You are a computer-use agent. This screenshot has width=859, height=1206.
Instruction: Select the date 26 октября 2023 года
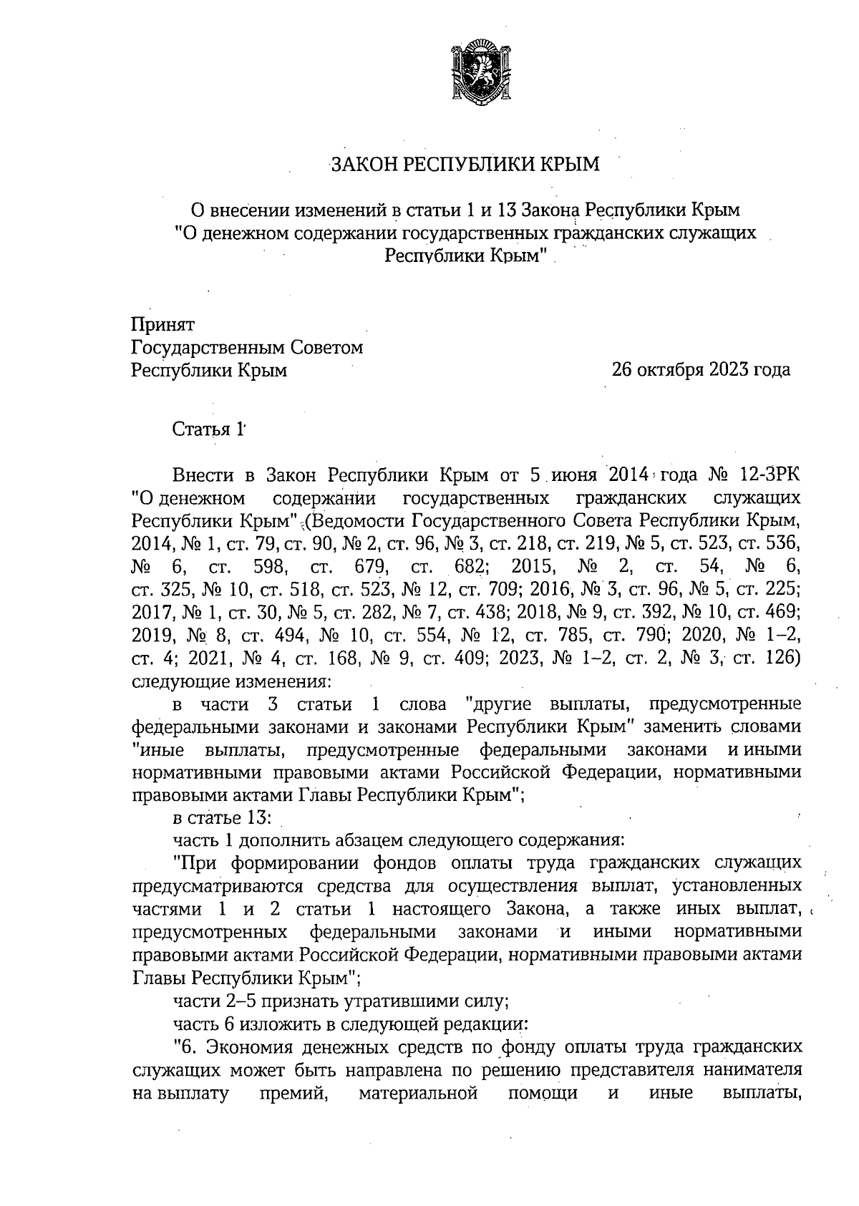click(x=701, y=370)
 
